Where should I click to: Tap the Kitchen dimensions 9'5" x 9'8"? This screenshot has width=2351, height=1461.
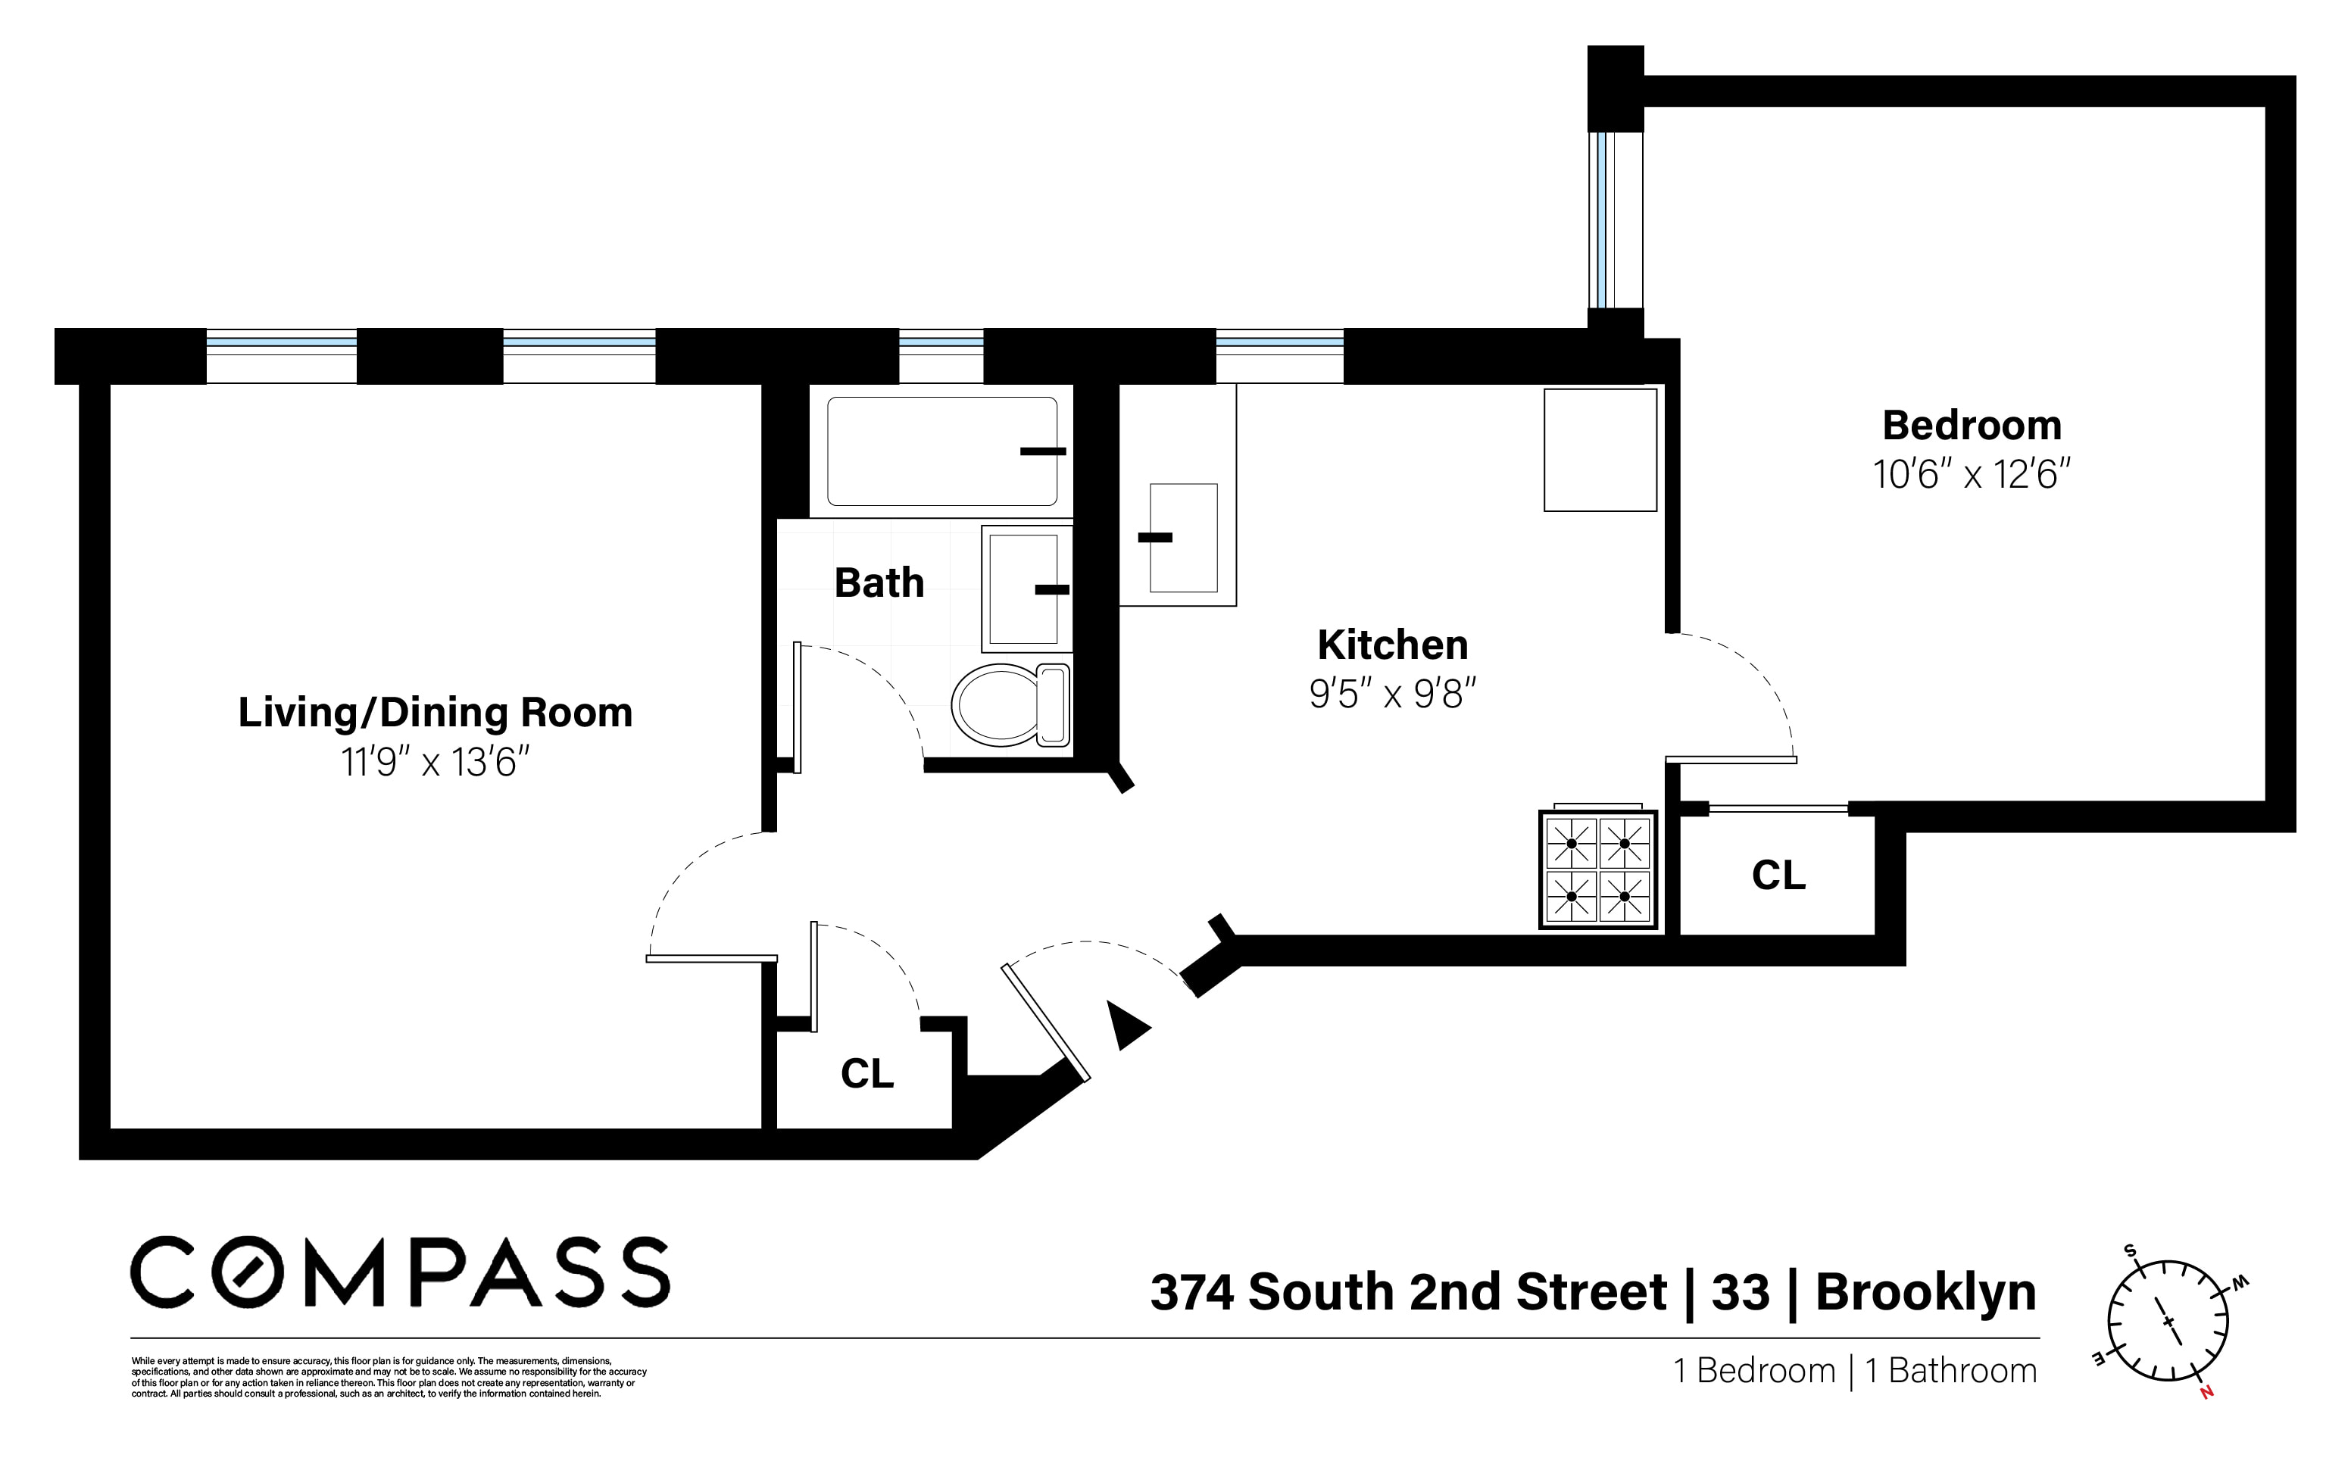1392,694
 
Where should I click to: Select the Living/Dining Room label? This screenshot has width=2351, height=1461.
435,713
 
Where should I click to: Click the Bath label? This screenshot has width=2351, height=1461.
879,582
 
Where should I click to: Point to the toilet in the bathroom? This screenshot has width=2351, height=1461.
1010,704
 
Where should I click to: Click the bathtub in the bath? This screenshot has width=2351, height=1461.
941,451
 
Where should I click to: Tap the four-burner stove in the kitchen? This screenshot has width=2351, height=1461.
1597,869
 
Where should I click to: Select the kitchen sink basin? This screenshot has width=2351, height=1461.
1183,539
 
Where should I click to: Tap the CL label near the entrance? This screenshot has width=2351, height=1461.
866,1073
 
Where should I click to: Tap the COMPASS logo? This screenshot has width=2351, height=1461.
399,1272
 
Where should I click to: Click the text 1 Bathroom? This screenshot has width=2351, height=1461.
1950,1371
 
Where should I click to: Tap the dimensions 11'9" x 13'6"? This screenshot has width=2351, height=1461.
435,763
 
